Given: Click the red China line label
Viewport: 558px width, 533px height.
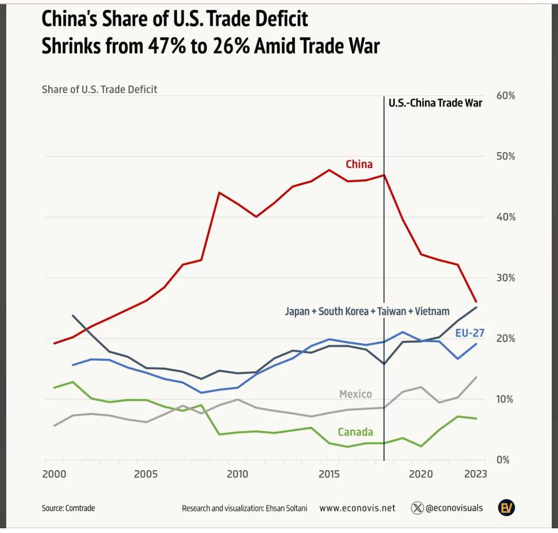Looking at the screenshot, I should [359, 165].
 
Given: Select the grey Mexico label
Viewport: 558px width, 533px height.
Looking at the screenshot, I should [355, 394].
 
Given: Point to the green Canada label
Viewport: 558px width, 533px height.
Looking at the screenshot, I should [355, 432].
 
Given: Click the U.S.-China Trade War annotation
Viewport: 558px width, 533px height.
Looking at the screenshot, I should [436, 103].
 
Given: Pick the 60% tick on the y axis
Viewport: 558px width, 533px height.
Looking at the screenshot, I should [506, 96].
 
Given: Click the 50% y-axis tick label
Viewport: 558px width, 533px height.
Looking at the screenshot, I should [506, 157].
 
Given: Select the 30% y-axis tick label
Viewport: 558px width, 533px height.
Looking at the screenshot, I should [506, 278].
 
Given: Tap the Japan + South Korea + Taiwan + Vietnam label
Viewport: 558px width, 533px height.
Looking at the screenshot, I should [367, 312].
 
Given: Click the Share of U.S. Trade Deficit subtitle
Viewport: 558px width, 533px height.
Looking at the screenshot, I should [99, 90].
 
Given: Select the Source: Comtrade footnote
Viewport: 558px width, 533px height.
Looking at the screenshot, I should [69, 508].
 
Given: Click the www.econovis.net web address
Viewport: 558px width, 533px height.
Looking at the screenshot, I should [357, 508].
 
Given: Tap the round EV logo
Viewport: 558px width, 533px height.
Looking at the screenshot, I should [506, 508].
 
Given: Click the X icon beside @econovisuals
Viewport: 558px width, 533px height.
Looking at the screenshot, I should [417, 508].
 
